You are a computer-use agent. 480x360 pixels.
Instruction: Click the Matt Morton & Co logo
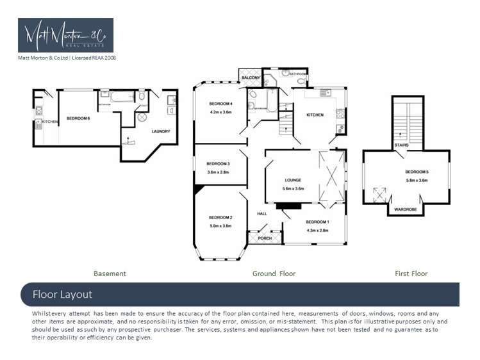pos(65,35)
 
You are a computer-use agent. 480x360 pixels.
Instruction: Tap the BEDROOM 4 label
pos(220,104)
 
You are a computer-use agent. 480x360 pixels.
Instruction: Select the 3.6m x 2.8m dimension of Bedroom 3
pos(219,172)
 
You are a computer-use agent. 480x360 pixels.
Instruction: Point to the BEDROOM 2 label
pos(220,218)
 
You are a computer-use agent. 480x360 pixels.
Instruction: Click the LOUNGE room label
pos(293,180)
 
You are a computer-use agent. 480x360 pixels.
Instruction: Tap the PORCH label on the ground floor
pos(264,238)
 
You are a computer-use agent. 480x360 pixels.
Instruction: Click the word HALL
pos(261,213)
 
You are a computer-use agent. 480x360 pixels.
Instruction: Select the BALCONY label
pos(251,78)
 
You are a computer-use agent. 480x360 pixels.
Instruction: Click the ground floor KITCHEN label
pos(315,115)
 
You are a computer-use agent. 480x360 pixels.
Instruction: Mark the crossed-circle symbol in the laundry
pos(142,118)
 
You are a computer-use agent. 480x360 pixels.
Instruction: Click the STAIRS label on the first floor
pos(402,145)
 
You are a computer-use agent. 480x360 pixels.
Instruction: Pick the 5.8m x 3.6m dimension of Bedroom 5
pos(416,180)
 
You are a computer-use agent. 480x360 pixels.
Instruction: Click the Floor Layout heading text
pos(62,295)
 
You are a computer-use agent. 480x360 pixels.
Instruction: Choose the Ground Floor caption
pos(274,274)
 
